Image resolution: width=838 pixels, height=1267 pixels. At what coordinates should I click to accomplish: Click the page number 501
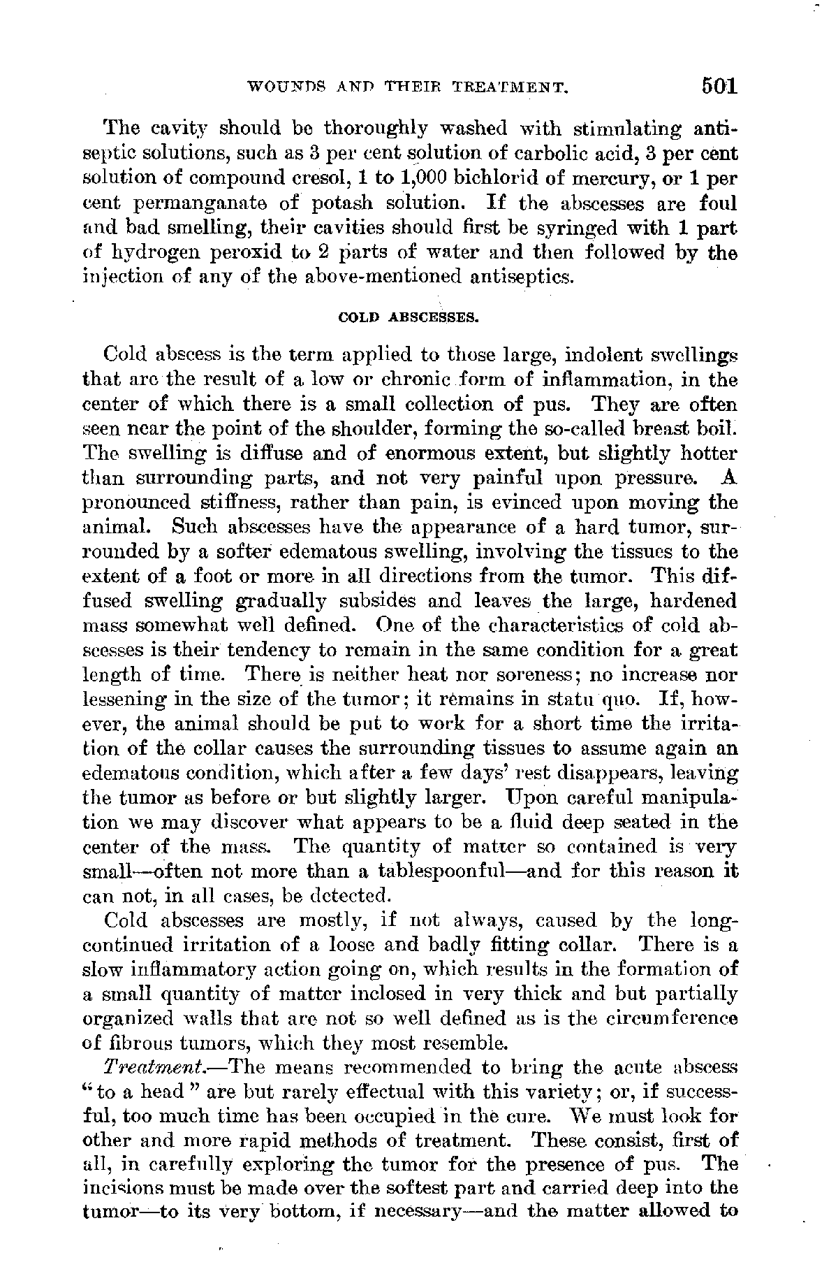point(711,87)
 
